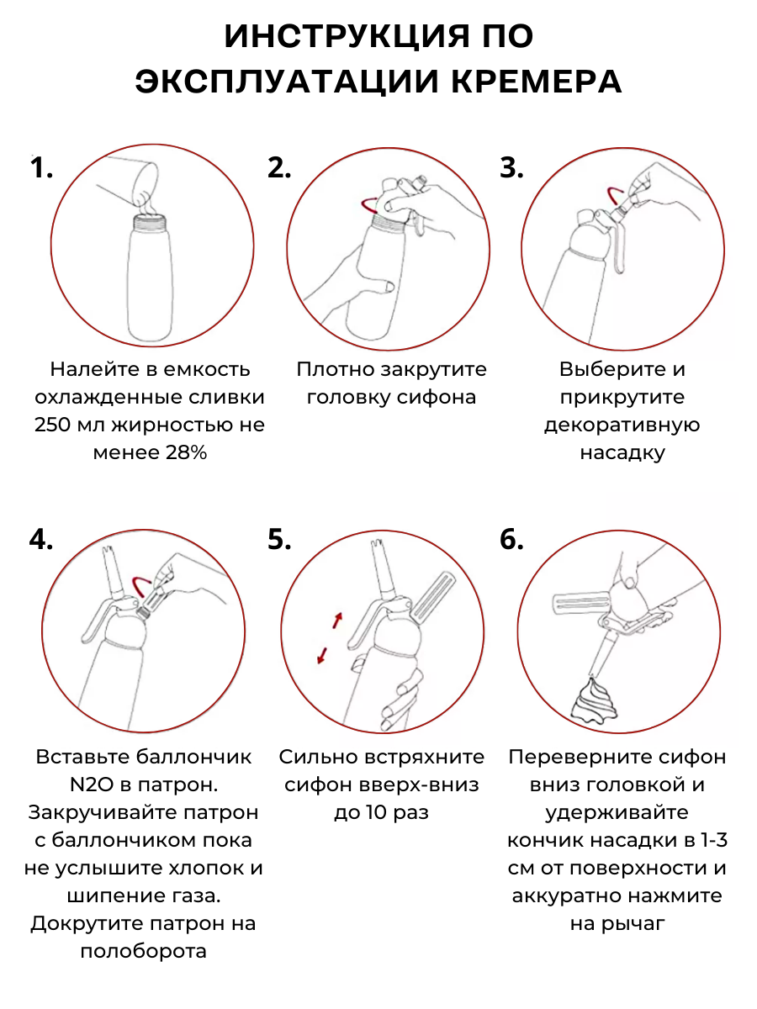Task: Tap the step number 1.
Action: click(41, 167)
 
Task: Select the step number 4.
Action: click(41, 539)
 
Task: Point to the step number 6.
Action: click(511, 539)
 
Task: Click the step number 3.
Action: click(511, 168)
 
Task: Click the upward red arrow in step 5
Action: click(338, 620)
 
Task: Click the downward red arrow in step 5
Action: click(322, 656)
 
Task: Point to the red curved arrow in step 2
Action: click(367, 205)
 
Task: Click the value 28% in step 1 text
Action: click(186, 452)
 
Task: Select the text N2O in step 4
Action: click(92, 784)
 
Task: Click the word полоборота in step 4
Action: click(143, 951)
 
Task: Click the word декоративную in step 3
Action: click(622, 425)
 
